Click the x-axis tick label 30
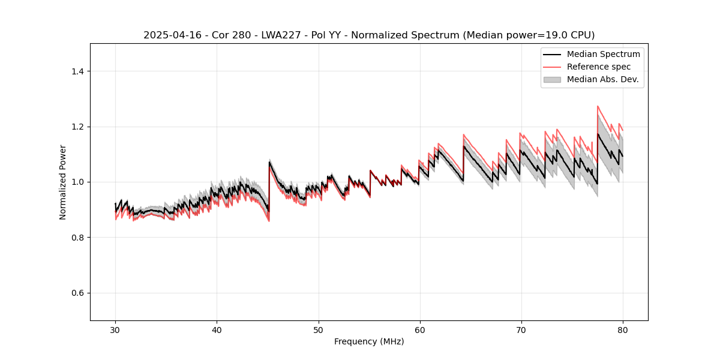click(x=115, y=330)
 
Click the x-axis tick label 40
click(x=217, y=330)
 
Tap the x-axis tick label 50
click(x=318, y=330)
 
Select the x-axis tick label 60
click(x=419, y=330)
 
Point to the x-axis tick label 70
click(x=521, y=330)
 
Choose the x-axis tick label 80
click(x=622, y=330)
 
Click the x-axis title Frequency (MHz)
click(x=369, y=341)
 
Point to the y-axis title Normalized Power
click(x=63, y=182)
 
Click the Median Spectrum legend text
click(x=603, y=54)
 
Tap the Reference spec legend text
click(x=599, y=67)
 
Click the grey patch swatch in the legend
click(x=552, y=79)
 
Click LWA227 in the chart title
click(x=282, y=35)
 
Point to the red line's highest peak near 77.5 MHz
click(x=598, y=106)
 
